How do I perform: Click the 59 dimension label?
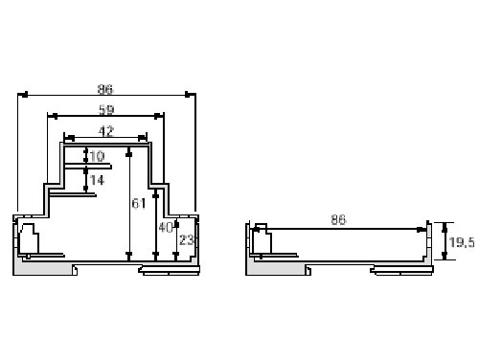105,111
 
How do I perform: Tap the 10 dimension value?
98,156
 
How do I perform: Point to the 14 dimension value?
98,179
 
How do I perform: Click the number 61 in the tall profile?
138,203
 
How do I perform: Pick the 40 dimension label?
166,228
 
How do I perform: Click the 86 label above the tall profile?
105,89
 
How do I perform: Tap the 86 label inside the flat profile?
338,220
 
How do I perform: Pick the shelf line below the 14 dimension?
77,197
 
